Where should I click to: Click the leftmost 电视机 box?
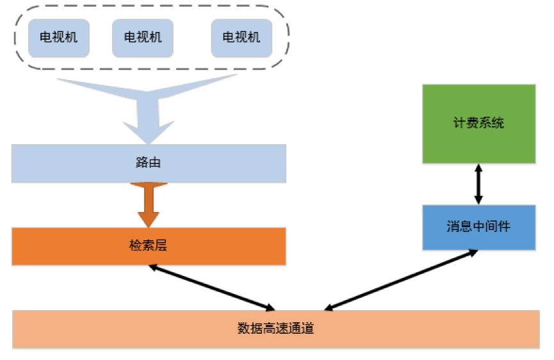[x=58, y=37]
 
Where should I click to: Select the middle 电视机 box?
[x=142, y=37]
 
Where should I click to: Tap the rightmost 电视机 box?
[x=241, y=37]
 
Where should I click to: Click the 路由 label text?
[x=148, y=163]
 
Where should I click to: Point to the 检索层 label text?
[x=148, y=245]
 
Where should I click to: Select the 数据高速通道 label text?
[x=275, y=329]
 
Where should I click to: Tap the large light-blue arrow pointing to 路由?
[x=149, y=109]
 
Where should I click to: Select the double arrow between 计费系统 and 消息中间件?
[x=478, y=184]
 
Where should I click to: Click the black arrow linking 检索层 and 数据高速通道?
[x=211, y=287]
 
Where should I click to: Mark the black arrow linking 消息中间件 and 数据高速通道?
[x=402, y=280]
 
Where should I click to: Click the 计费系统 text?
[x=478, y=123]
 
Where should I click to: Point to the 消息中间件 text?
[x=478, y=227]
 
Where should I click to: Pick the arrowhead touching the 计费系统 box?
[x=478, y=168]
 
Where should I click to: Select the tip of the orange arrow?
[x=149, y=225]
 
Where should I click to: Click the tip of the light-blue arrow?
[x=149, y=141]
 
